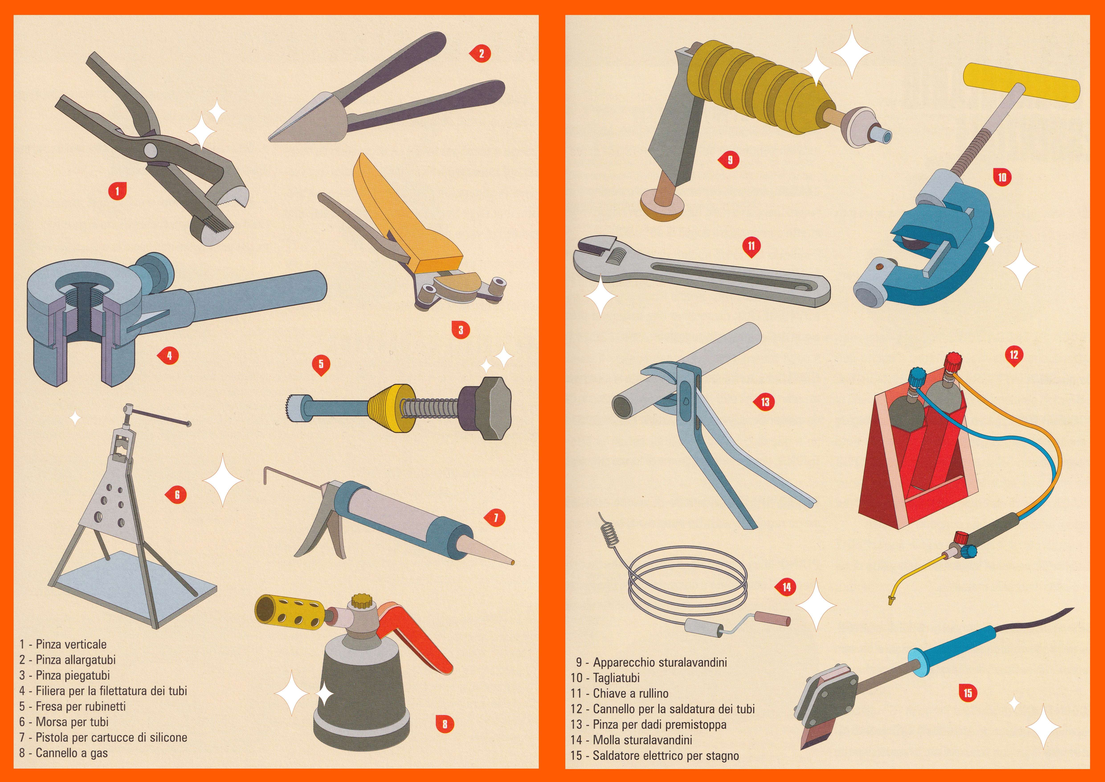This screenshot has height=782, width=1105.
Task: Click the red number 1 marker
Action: tap(117, 191)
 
